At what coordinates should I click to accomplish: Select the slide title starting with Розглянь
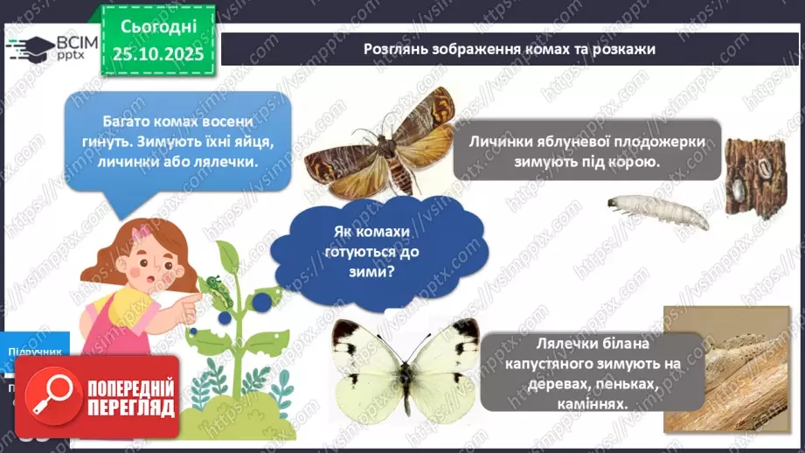(510, 49)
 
